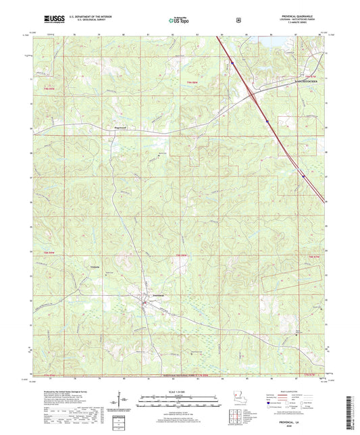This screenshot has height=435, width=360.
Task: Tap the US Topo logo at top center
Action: pos(179,20)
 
